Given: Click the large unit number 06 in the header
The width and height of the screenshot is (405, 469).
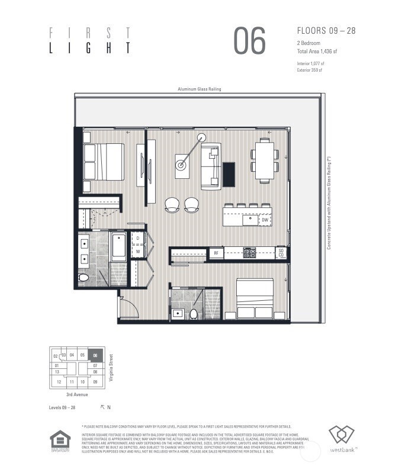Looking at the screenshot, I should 249,41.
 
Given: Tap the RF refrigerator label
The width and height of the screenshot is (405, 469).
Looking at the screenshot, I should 216,253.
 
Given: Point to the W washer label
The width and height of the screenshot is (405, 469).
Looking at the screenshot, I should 137,251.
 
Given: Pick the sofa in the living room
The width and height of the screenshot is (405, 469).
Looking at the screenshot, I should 211,166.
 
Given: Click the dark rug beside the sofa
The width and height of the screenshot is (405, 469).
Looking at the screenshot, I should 229,173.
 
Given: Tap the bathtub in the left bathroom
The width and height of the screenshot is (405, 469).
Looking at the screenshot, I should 118,247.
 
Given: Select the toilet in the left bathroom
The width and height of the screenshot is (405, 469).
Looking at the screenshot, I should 83,277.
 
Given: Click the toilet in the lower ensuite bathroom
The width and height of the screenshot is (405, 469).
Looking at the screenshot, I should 193,313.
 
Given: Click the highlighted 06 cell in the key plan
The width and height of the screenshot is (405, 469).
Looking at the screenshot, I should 95,356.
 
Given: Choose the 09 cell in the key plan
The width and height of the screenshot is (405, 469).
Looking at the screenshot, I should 95,382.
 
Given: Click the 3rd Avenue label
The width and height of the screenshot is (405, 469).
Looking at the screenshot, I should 77,394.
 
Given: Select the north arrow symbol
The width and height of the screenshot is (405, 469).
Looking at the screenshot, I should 102,407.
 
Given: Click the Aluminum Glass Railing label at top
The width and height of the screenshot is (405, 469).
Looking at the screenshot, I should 200,89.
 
